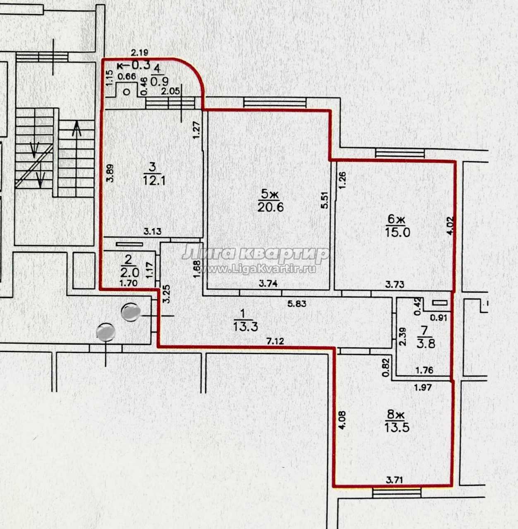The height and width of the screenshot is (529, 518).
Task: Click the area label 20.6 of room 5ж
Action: coord(270,207)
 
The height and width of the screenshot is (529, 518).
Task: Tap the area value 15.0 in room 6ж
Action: coord(398,233)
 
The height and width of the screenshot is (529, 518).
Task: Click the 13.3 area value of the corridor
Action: coord(245,327)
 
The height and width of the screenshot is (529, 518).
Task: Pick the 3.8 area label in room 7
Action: coord(426,343)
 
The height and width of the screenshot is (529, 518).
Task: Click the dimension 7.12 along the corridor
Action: coord(275,341)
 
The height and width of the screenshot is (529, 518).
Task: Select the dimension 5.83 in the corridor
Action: coord(297,303)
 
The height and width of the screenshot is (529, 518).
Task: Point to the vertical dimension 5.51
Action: coord(324,200)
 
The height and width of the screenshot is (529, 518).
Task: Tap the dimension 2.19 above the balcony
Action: coord(139,53)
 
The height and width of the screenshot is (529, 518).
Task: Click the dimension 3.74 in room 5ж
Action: coord(269,284)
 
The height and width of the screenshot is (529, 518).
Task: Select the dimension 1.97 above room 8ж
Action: coord(423,387)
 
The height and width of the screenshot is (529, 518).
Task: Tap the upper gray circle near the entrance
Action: coord(131,312)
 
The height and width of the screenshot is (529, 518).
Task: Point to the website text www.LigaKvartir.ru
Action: coord(269,269)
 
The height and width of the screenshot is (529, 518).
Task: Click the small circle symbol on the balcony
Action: coord(127,92)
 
